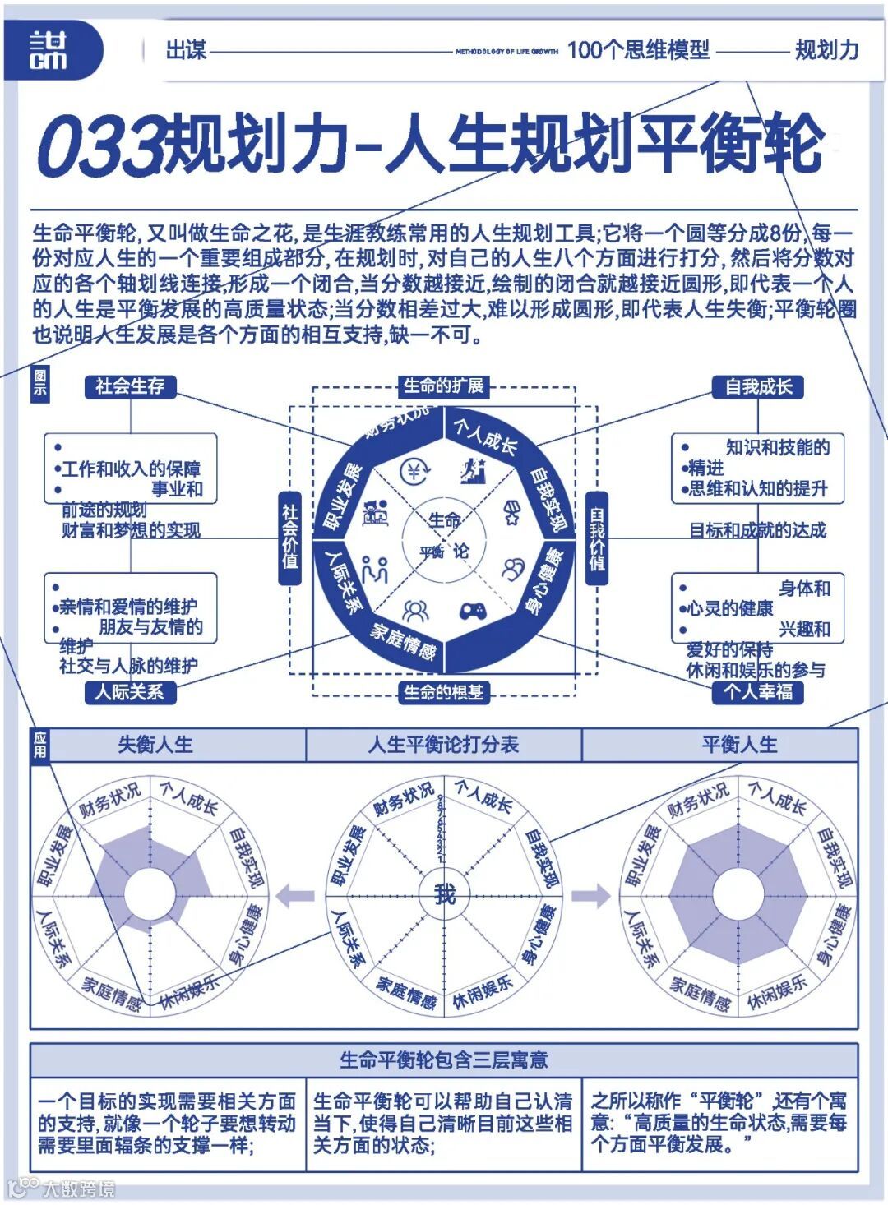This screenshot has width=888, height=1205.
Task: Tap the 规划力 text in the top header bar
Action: (826, 51)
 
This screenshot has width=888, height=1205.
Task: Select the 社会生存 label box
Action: (130, 386)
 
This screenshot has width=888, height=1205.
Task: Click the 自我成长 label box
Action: (758, 386)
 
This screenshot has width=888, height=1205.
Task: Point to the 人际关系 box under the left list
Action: (130, 692)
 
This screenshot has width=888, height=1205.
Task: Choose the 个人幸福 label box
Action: (758, 692)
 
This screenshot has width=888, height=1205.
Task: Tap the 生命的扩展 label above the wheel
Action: (443, 386)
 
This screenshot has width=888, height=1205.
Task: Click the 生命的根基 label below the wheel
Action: (443, 693)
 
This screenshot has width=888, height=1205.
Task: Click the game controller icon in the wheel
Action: (472, 612)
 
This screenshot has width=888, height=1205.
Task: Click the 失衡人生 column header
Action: (155, 745)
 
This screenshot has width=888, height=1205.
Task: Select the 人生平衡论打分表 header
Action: (443, 745)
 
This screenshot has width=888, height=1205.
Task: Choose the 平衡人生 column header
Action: (739, 745)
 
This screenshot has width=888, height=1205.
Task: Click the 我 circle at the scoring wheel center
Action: (444, 893)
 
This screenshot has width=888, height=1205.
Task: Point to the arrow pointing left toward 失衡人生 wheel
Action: (295, 895)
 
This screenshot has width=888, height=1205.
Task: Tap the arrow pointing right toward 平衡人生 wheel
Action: (591, 895)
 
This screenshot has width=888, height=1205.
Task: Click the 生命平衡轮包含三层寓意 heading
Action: (443, 1060)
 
